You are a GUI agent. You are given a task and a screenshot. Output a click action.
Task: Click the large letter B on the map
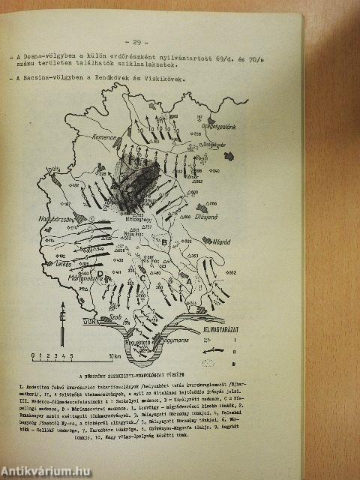coord(164,242)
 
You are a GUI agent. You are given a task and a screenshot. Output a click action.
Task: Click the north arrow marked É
coord(65,308)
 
